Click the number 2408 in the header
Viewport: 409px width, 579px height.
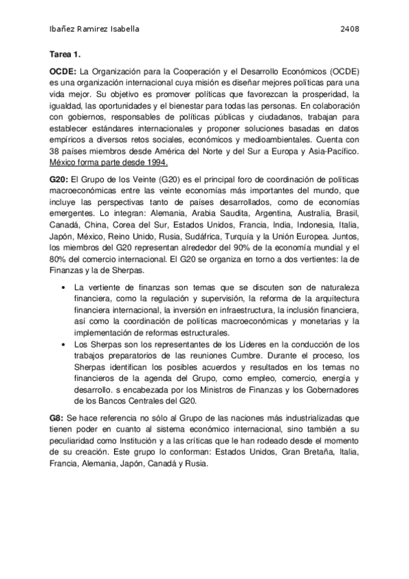[350, 29]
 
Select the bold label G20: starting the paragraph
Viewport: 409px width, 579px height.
[59, 178]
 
